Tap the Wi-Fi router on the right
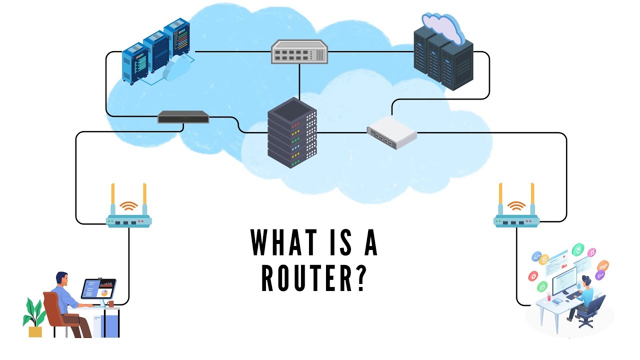(x=516, y=220)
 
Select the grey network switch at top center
(x=299, y=52)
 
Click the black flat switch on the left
(x=183, y=117)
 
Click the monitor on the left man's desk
(x=98, y=289)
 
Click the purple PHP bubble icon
(x=603, y=265)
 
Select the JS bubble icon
(x=592, y=252)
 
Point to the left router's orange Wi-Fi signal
(x=129, y=205)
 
